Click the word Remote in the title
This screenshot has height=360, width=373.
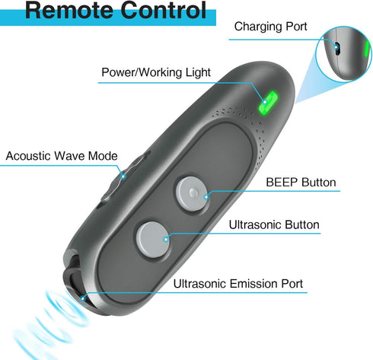click(x=70, y=10)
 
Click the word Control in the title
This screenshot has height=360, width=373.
click(x=163, y=10)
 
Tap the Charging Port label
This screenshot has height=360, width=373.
click(x=270, y=27)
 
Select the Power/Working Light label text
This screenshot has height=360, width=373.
click(x=156, y=72)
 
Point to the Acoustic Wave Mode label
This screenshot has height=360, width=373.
click(x=62, y=156)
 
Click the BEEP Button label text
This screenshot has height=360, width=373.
click(x=301, y=183)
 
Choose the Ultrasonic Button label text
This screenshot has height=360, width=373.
click(x=274, y=225)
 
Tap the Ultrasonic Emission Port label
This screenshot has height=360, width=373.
click(x=238, y=284)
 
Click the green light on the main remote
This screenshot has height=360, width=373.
click(x=268, y=103)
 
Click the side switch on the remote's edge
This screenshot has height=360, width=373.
click(x=122, y=177)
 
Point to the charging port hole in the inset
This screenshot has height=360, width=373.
click(x=336, y=48)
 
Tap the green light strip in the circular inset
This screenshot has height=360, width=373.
click(x=367, y=49)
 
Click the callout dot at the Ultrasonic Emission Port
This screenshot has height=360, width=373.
click(x=83, y=298)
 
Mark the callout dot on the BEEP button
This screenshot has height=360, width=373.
click(x=206, y=197)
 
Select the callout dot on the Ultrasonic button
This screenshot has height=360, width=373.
click(x=166, y=239)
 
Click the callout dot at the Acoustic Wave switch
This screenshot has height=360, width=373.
click(x=123, y=176)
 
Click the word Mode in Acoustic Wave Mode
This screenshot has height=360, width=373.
click(x=103, y=156)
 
